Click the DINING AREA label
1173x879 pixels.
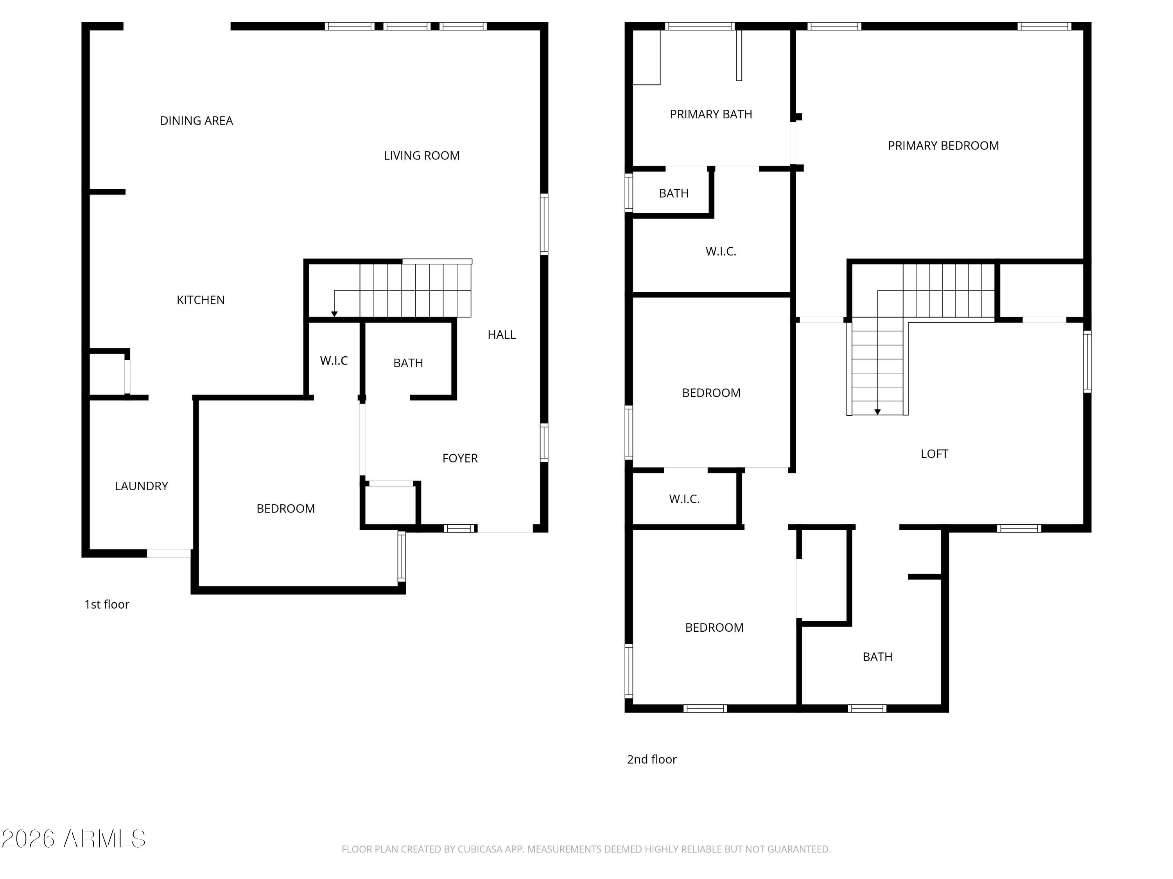click(196, 121)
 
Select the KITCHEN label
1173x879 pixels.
click(201, 300)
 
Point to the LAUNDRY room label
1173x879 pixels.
click(141, 486)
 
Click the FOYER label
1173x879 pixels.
click(460, 458)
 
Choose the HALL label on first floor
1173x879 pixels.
click(501, 335)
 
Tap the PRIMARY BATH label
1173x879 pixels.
click(710, 114)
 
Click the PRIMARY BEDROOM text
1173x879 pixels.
click(943, 146)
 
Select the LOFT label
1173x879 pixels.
click(934, 454)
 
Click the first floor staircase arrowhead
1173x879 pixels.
click(334, 314)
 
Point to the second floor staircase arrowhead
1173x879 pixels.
click(877, 412)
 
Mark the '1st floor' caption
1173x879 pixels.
click(107, 604)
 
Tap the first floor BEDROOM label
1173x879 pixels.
click(285, 509)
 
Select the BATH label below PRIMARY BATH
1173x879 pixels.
click(673, 193)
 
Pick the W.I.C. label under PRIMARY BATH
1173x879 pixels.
click(721, 252)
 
